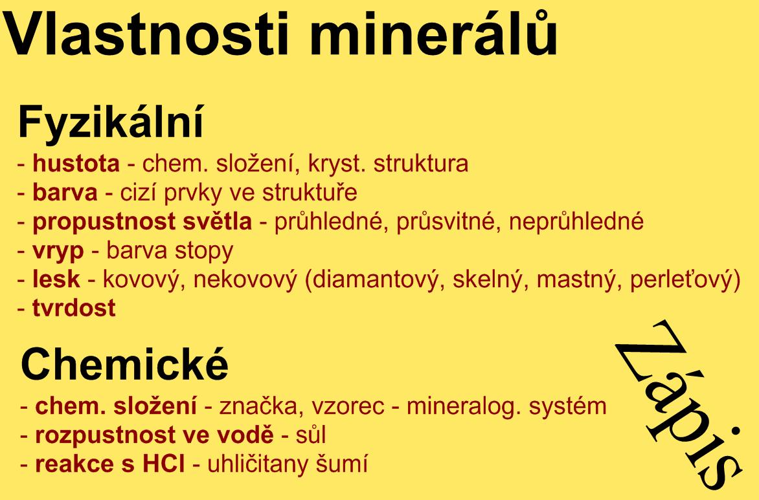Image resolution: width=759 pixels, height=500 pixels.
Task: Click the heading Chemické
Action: click(x=124, y=364)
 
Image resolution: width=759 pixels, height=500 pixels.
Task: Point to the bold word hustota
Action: click(x=76, y=164)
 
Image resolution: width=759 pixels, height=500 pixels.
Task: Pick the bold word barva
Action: click(x=65, y=193)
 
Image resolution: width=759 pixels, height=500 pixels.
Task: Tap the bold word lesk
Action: click(x=56, y=279)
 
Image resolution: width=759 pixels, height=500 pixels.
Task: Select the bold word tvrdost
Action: click(x=74, y=308)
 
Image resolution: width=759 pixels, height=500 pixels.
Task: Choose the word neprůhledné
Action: click(x=576, y=221)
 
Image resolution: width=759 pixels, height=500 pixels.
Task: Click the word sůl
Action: click(x=311, y=435)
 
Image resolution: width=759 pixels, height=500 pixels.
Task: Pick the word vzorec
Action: click(x=348, y=406)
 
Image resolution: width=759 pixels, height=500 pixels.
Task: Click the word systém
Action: click(x=568, y=406)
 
